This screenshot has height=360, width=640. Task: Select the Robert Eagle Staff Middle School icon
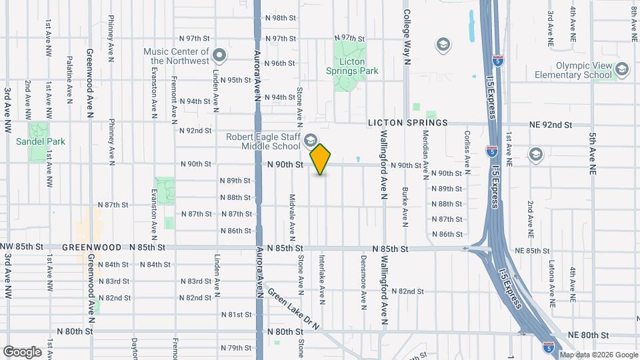click(x=310, y=140)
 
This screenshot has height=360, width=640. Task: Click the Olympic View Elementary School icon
click(x=621, y=69)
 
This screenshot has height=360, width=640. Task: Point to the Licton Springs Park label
click(x=352, y=71)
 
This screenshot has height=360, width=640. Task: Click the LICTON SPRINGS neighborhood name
click(x=409, y=123)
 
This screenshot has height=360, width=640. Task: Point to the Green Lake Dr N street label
click(x=293, y=307)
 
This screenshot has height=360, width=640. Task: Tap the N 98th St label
click(x=280, y=18)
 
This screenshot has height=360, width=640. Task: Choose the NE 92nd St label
click(x=551, y=125)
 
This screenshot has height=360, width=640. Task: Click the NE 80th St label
click(x=588, y=335)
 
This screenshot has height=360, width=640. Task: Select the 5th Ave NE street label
click(x=591, y=153)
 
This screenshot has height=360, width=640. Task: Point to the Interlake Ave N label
click(x=322, y=275)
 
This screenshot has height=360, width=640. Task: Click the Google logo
click(x=22, y=351)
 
